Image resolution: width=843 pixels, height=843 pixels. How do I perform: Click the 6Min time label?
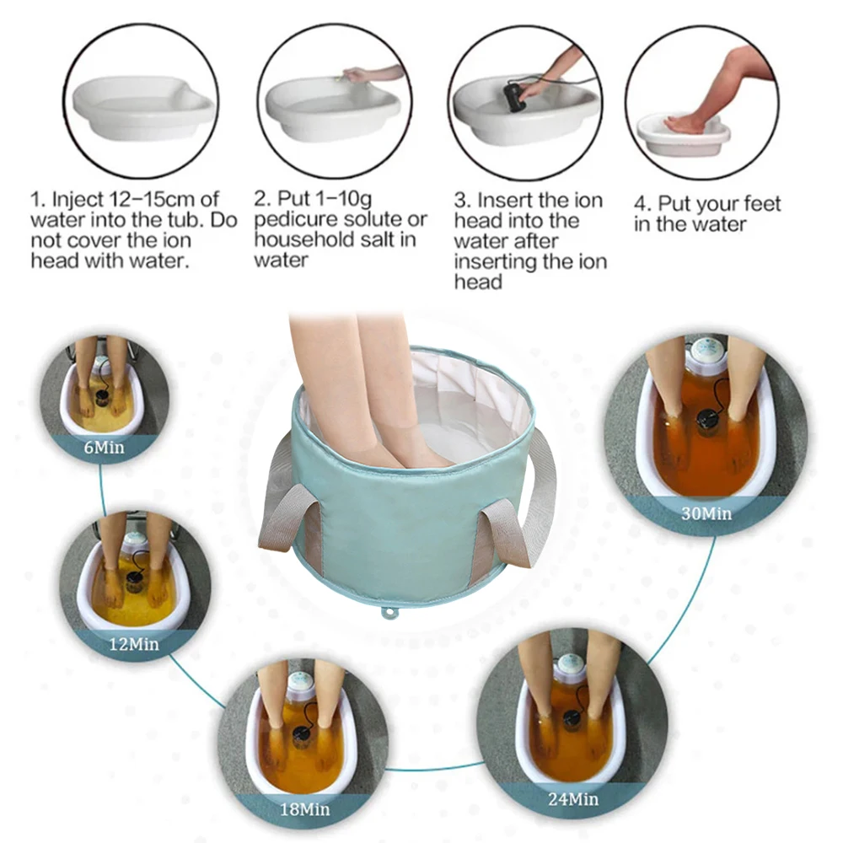click(x=104, y=448)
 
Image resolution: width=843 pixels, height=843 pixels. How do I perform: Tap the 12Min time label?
click(x=134, y=643)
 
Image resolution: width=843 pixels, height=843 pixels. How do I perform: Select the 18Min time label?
click(x=305, y=808)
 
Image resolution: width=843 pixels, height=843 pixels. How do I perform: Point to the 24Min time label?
click(x=573, y=799)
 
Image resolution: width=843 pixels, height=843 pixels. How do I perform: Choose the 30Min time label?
click(x=706, y=514)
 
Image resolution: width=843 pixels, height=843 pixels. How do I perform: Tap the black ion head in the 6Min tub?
click(x=103, y=397)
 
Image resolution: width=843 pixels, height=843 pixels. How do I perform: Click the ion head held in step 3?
click(x=514, y=98)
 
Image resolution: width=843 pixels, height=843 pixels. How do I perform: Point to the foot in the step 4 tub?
click(x=683, y=124)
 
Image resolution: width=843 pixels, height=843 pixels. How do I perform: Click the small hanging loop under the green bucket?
click(x=388, y=612)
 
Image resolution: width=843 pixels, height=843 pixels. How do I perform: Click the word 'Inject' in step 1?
click(x=77, y=200)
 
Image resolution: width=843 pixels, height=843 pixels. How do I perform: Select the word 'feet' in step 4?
click(x=760, y=204)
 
